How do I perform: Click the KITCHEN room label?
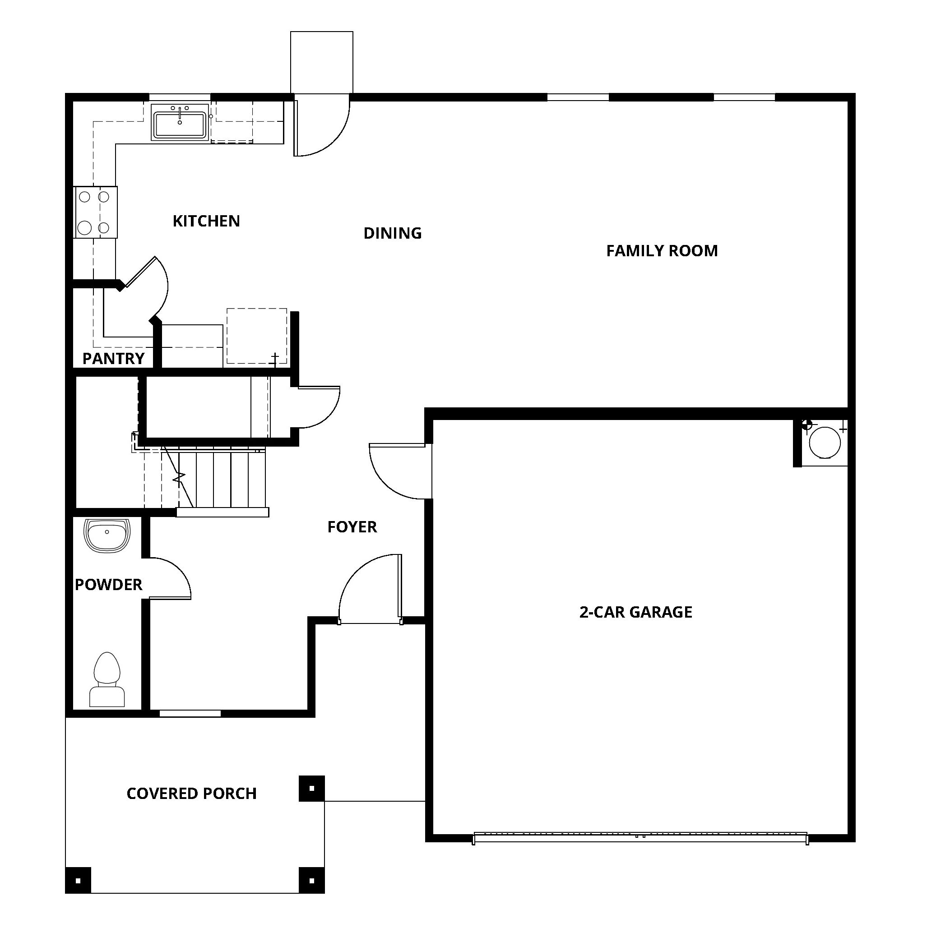click(x=206, y=221)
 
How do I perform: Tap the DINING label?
click(x=392, y=233)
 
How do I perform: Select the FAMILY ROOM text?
click(x=661, y=251)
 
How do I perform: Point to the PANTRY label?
click(x=113, y=358)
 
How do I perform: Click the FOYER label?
click(x=352, y=527)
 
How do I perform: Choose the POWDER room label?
click(x=109, y=585)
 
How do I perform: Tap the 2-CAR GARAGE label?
click(x=635, y=612)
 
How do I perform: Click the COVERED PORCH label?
click(x=191, y=794)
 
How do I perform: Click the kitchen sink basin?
click(x=180, y=125)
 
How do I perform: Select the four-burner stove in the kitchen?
click(x=95, y=212)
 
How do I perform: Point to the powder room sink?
click(x=107, y=534)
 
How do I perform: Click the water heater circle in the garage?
click(x=825, y=443)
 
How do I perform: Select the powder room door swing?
click(x=169, y=579)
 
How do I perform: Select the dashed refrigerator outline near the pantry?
click(x=257, y=336)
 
